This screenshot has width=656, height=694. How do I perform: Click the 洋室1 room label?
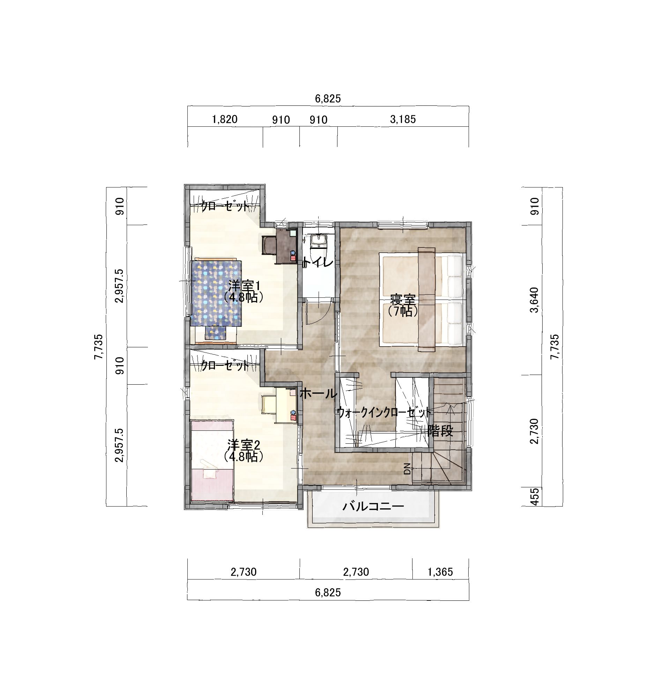click(x=244, y=286)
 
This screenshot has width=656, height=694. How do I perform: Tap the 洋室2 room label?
click(x=244, y=445)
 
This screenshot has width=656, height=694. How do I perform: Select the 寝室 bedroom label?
click(x=403, y=300)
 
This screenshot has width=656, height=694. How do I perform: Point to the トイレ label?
click(x=318, y=262)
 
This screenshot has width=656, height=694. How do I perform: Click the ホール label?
click(x=319, y=394)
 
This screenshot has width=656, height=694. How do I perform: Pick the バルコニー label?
click(x=373, y=506)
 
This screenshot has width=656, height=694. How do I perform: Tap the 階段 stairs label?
click(x=441, y=431)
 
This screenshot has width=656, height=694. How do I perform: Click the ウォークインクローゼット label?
click(x=384, y=413)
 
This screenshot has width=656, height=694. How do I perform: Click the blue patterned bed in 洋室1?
click(x=216, y=298)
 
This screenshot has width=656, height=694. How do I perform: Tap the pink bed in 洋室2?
click(x=212, y=461)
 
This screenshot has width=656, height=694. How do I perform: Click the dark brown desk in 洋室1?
click(x=286, y=245)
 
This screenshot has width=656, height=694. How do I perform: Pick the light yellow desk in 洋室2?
click(x=286, y=405)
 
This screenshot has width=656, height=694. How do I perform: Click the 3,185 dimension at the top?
click(x=403, y=119)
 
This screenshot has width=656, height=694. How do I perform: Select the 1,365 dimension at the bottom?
click(x=440, y=572)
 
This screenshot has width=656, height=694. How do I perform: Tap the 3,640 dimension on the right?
click(x=534, y=300)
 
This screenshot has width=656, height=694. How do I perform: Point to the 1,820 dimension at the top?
click(x=225, y=119)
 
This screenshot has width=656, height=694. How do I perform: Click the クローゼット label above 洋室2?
click(x=225, y=366)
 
